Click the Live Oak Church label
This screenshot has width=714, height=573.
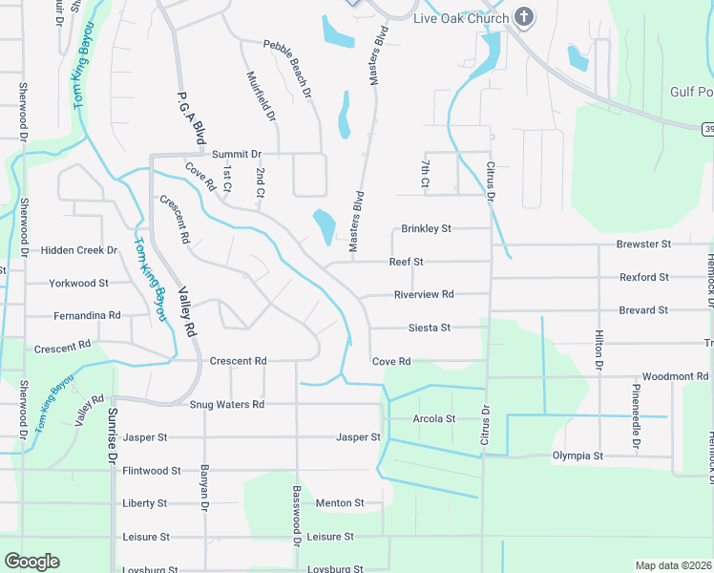[460, 18]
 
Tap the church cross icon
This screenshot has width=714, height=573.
[523, 17]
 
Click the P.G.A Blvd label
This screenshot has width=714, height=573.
[192, 118]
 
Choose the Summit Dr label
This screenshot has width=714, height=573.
[237, 154]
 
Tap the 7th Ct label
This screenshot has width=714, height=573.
[426, 173]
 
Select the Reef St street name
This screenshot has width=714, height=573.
[406, 262]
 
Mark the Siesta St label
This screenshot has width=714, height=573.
[429, 328]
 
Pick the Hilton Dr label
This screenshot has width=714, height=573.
[599, 350]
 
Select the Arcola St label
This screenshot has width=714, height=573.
[434, 418]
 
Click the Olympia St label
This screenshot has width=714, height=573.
[577, 456]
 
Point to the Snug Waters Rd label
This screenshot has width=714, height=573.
[226, 404]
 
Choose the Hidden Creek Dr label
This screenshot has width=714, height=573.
[79, 250]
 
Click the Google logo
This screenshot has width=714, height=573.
[31, 562]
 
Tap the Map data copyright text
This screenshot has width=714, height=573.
[672, 565]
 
